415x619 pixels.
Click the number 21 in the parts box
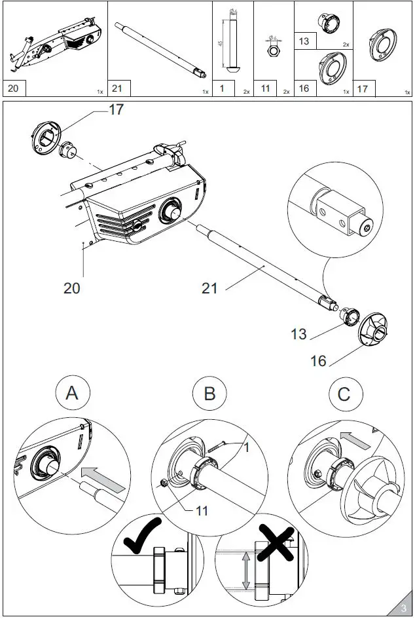point(118,88)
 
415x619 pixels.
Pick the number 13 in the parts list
point(304,41)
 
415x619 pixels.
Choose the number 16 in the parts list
point(304,88)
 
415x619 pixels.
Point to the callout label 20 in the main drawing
point(72,287)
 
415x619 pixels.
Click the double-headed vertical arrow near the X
point(245,572)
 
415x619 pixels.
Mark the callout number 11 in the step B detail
point(202,510)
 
